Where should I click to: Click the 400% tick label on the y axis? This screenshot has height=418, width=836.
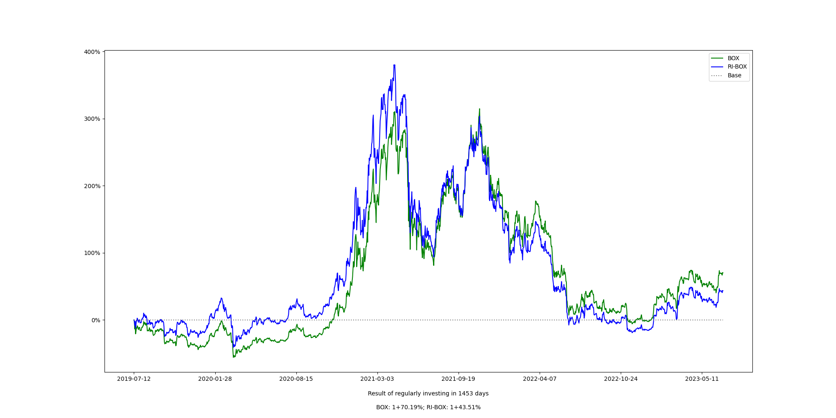(x=92, y=52)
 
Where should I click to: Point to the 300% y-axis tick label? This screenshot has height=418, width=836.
(x=92, y=119)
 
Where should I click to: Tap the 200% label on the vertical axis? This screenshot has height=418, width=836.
(x=92, y=186)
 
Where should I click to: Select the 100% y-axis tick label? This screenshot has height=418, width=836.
(x=92, y=253)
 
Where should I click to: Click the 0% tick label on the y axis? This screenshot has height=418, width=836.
(x=96, y=320)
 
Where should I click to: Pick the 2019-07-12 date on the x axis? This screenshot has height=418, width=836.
(x=134, y=379)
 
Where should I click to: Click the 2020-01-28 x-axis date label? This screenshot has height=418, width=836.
(x=215, y=379)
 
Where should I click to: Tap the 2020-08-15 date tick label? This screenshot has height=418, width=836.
(x=296, y=379)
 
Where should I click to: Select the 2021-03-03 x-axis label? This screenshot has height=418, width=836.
(x=377, y=379)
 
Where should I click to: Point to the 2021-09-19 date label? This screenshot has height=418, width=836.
(x=458, y=379)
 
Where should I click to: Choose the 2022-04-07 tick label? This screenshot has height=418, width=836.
(x=540, y=379)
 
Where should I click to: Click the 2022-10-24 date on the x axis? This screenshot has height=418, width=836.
(x=621, y=379)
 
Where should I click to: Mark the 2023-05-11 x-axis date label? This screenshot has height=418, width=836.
(x=702, y=379)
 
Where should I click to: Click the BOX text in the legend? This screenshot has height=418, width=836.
(x=733, y=59)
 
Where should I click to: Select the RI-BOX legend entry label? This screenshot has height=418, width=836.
(x=737, y=67)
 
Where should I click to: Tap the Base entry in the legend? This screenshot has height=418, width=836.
(x=734, y=76)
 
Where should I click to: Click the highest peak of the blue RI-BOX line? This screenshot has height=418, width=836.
(x=394, y=65)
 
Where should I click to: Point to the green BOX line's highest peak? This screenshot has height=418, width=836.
(x=479, y=109)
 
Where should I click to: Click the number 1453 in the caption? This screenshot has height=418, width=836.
(x=466, y=394)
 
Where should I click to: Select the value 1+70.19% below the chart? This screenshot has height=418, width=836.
(x=408, y=408)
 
